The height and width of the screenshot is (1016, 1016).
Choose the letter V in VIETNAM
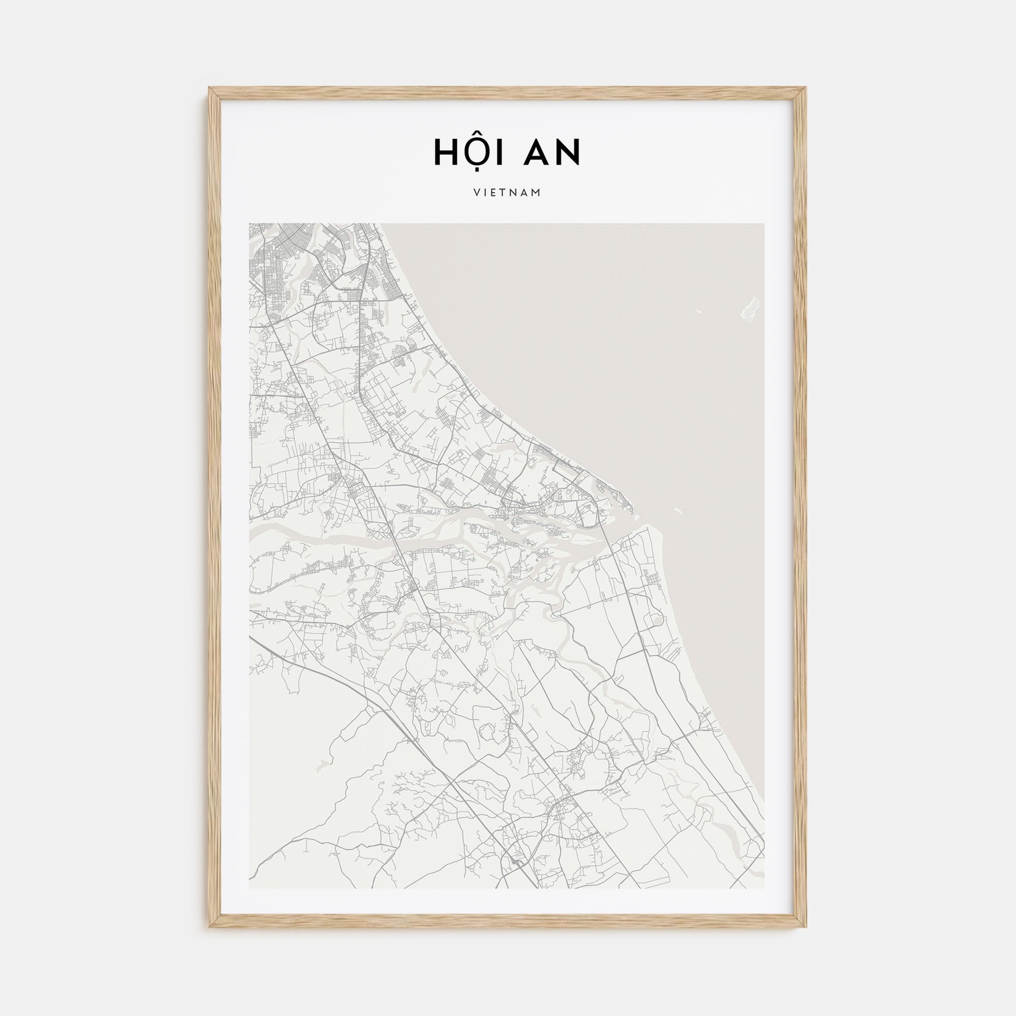point(476,193)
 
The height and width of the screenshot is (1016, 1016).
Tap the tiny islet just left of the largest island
point(698,311)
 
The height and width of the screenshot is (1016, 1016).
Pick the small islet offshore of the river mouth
point(678,510)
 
